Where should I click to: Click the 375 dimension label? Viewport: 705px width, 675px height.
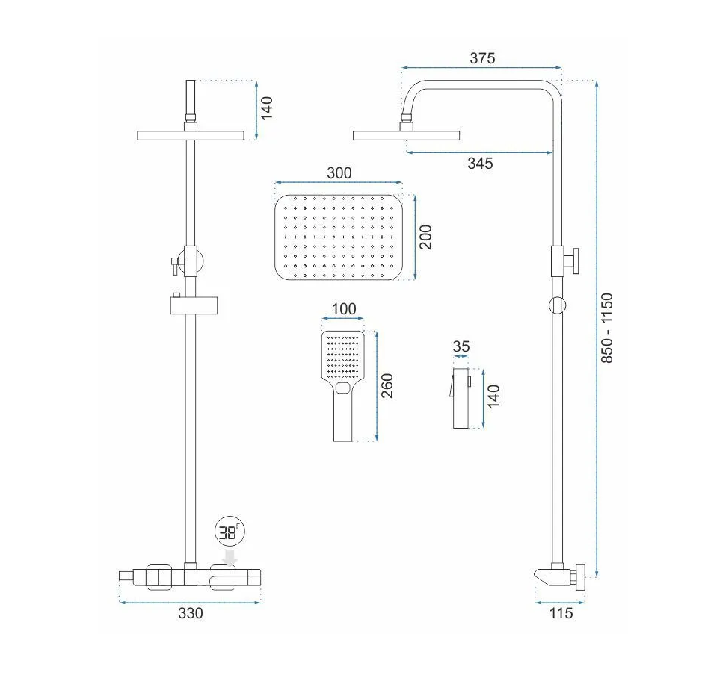[482, 58]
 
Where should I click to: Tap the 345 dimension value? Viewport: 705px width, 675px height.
[480, 163]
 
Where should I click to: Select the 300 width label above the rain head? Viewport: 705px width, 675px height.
[339, 173]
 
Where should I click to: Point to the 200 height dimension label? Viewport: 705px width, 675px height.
[425, 237]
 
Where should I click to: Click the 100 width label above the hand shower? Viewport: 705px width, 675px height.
[344, 309]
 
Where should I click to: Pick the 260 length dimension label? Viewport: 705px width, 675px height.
[387, 385]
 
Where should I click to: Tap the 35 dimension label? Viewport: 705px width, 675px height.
[461, 346]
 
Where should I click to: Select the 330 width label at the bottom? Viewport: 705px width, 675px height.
[190, 613]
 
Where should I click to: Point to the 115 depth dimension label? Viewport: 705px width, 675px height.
[561, 613]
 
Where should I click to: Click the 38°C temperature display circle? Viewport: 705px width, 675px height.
[230, 533]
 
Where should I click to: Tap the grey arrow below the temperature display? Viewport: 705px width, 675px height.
[231, 559]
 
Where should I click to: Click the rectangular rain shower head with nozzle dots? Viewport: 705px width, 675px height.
[339, 237]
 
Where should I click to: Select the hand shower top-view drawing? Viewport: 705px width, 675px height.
[342, 386]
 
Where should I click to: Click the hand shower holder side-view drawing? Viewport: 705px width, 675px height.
[460, 398]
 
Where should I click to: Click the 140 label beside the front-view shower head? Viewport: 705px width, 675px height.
[266, 108]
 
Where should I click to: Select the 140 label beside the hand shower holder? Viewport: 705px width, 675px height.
[493, 396]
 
